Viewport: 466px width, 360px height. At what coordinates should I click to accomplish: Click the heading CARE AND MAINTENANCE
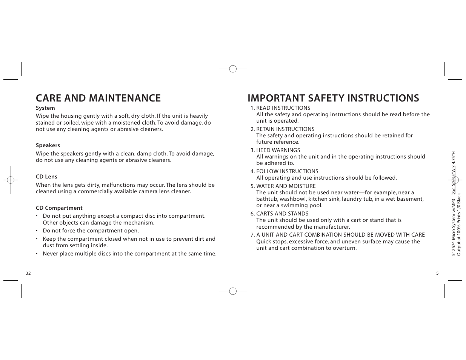tap(98, 98)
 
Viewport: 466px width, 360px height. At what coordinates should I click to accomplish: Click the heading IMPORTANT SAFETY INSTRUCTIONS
tap(333, 98)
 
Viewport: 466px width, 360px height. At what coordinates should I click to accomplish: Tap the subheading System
tap(45, 108)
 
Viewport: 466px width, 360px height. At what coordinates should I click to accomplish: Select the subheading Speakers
tap(48, 146)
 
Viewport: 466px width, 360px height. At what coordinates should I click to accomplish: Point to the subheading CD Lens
tap(46, 177)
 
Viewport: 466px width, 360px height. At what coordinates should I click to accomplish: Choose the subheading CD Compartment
tap(59, 208)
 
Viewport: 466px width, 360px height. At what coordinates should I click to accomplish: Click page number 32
tap(28, 274)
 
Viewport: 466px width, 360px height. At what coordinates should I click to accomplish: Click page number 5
tap(437, 274)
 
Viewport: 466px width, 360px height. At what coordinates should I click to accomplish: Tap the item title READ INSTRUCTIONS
tap(283, 108)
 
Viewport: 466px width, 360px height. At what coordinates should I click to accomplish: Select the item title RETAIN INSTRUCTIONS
tap(285, 129)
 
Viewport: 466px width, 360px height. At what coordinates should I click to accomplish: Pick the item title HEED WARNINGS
tap(278, 151)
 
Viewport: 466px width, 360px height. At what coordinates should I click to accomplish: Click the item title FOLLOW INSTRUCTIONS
tap(287, 172)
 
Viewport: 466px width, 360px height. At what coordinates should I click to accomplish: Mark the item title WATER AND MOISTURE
tap(286, 186)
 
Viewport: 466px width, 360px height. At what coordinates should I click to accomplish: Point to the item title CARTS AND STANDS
tap(282, 214)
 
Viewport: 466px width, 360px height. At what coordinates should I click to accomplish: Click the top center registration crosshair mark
tap(233, 69)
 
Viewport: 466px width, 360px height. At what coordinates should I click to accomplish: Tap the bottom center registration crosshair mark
tap(233, 291)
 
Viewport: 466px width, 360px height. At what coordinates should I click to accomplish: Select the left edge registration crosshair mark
tap(11, 180)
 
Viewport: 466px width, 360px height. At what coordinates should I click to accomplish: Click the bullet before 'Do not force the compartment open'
tap(37, 231)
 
